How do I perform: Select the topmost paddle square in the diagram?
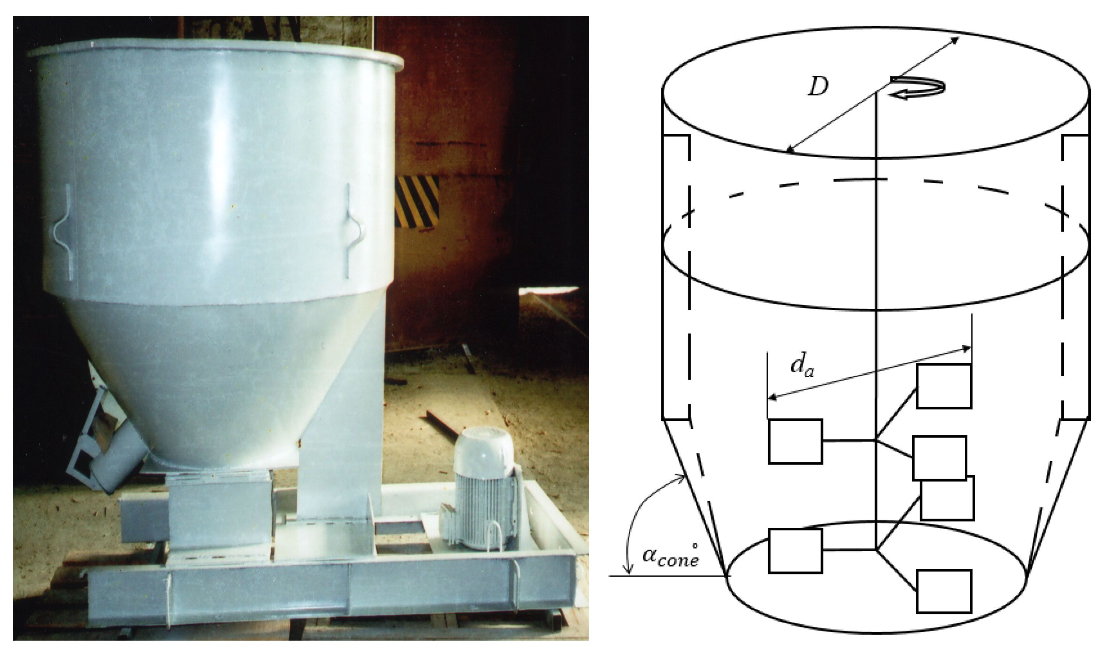944,386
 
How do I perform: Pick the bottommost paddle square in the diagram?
944,591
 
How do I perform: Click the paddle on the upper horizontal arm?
795,442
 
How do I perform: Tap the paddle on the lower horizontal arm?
795,551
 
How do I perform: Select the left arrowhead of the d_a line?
773,397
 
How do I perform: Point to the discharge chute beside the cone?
106,443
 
